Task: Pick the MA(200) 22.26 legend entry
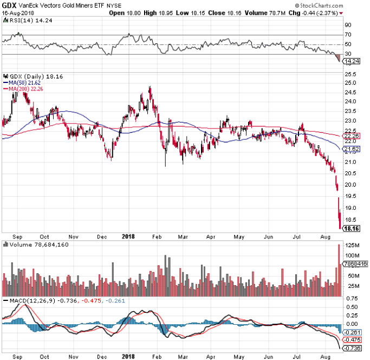24,89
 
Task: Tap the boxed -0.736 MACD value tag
354,348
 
